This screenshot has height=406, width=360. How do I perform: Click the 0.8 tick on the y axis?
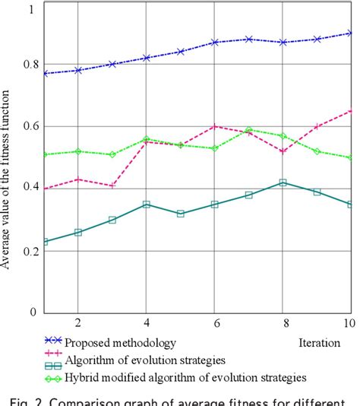30,64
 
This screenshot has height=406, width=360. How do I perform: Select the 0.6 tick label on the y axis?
30,126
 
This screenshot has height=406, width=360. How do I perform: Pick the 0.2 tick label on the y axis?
30,250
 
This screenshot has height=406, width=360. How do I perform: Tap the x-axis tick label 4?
147,323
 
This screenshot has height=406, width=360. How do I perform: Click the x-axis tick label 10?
349,323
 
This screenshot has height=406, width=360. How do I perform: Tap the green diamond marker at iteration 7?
249,130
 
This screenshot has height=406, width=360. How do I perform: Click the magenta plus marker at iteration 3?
112,185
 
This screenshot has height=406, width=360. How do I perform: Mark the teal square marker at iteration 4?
147,204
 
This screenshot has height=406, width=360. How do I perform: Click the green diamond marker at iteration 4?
147,140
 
